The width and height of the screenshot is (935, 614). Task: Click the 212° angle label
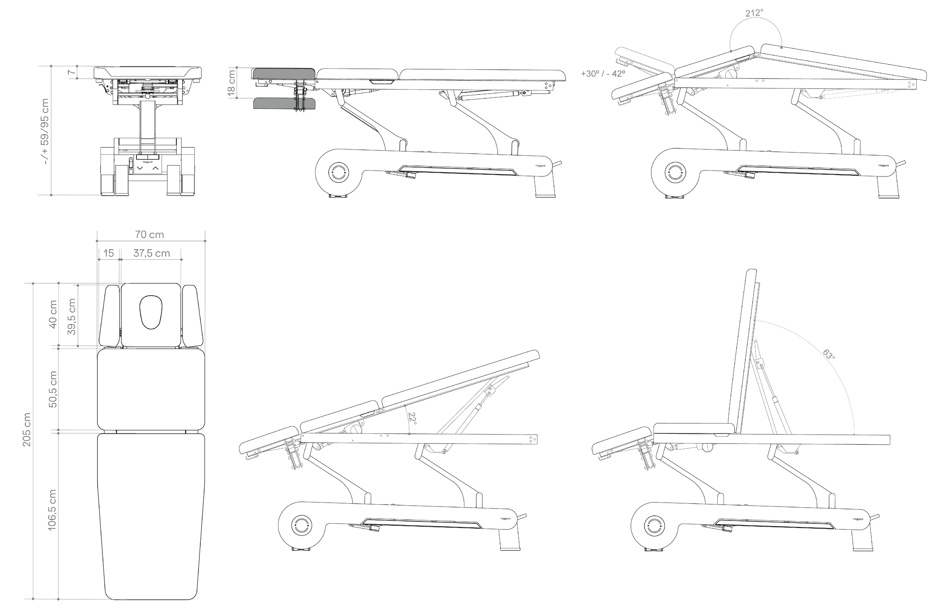754,13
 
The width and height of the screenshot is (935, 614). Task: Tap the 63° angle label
829,355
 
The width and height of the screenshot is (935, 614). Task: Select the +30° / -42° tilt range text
603,73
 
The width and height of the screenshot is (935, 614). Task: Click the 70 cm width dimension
149,234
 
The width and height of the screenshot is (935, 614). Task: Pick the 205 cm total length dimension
26,429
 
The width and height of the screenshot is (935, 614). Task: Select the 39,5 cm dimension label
71,316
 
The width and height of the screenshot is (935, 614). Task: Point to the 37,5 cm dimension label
151,253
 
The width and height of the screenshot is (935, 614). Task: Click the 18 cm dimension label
231,83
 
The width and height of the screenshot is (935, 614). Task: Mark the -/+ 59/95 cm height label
45,131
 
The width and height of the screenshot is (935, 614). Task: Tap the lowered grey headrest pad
284,103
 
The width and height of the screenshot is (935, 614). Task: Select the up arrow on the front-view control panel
155,168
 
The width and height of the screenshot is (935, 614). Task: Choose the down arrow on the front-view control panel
140,168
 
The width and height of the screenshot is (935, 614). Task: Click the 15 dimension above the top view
108,253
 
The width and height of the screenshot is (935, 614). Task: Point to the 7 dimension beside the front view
71,72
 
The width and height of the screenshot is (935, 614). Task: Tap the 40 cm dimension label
53,314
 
